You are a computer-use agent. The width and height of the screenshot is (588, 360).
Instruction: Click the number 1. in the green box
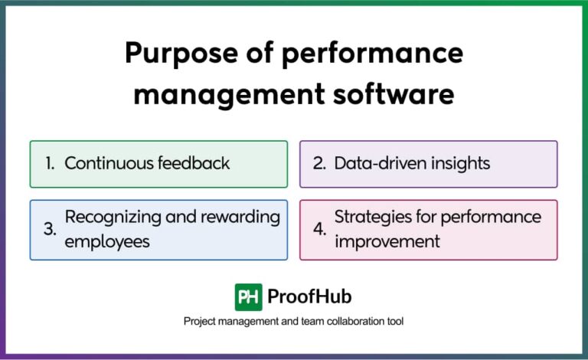point(50,164)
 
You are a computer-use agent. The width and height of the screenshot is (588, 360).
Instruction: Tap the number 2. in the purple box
point(319,164)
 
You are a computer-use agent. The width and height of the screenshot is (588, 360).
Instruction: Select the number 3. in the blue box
point(50,229)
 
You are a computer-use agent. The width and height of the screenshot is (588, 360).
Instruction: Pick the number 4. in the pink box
point(319,229)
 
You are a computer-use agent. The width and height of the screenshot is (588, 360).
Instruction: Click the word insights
point(456,164)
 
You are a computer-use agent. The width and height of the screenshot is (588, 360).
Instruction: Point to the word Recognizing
point(112,218)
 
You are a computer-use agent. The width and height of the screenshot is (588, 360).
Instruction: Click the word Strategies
point(371,218)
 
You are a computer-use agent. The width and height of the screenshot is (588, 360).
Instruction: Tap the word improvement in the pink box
point(387,241)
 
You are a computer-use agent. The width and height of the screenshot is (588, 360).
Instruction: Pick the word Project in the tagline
point(200,322)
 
